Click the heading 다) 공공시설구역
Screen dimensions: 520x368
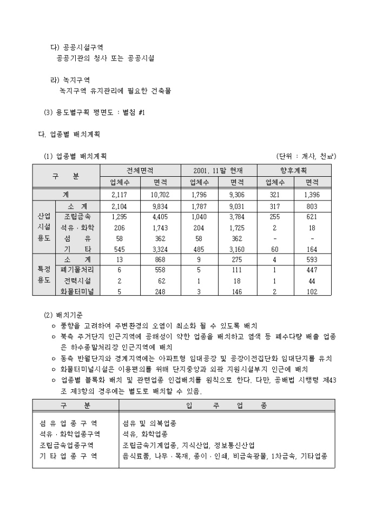point(76,47)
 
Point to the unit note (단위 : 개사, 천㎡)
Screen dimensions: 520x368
point(306,156)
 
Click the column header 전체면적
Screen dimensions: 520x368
point(139,170)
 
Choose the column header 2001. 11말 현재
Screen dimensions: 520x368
point(218,170)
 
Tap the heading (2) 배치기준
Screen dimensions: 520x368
point(63,315)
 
